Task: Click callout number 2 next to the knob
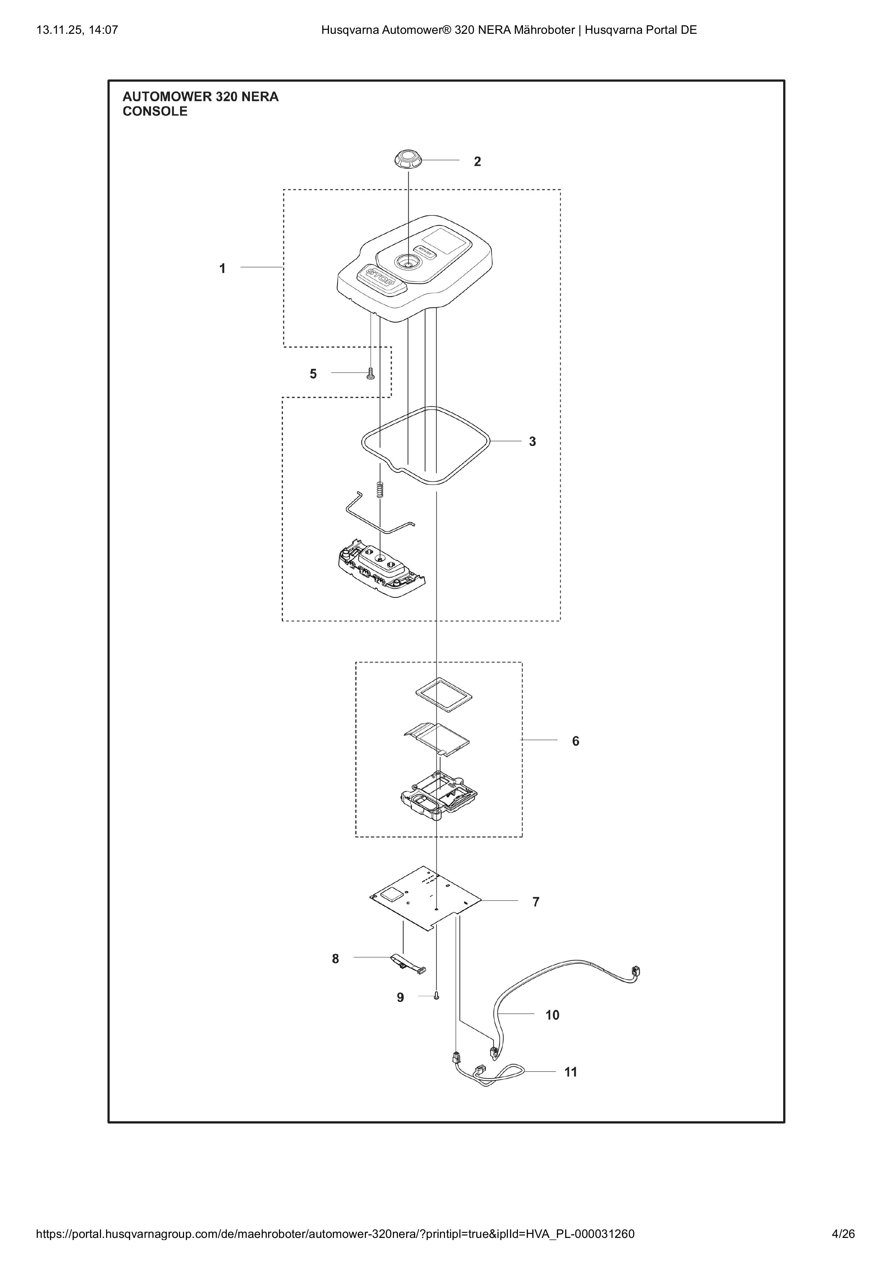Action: click(x=477, y=161)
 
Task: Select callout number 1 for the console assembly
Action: click(x=222, y=269)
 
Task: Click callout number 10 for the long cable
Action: click(x=552, y=1015)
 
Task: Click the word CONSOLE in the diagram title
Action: click(x=155, y=111)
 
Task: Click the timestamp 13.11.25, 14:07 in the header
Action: click(x=77, y=30)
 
